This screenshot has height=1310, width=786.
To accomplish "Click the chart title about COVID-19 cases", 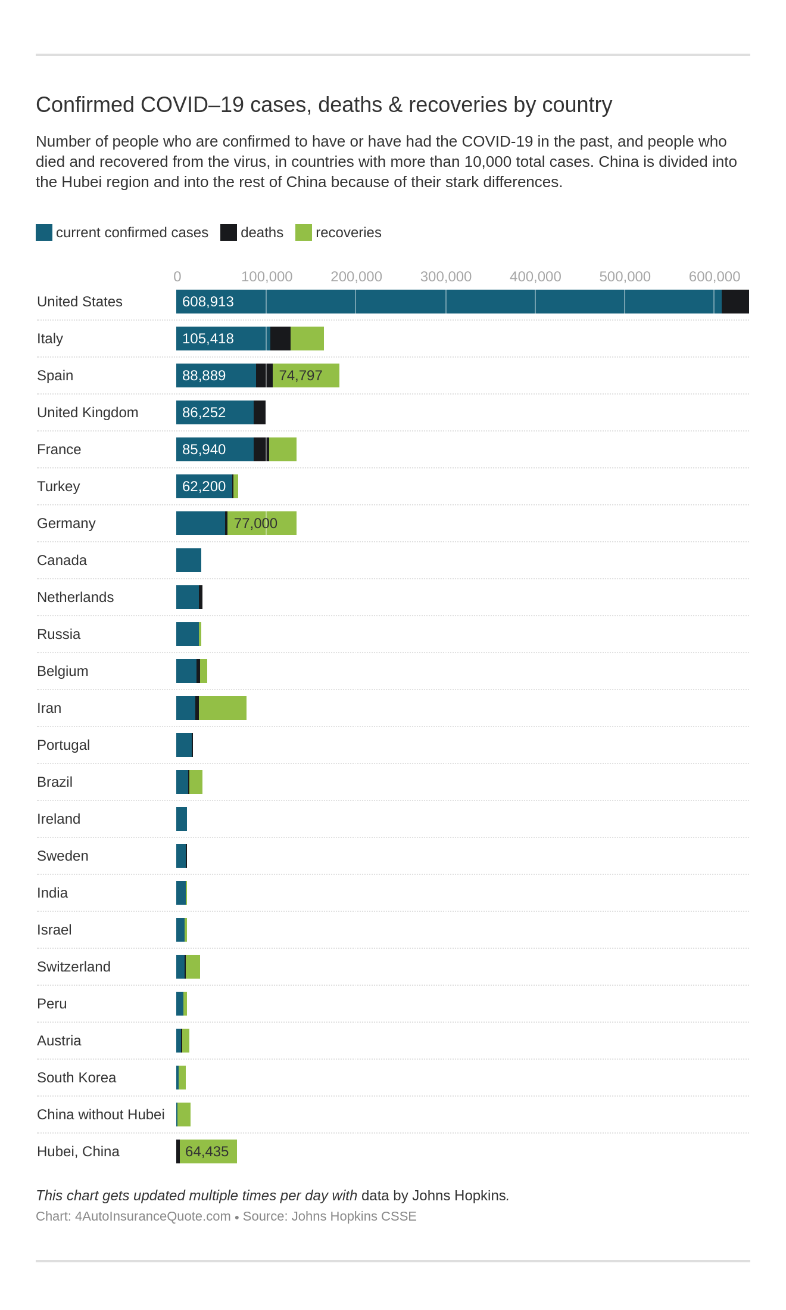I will (324, 105).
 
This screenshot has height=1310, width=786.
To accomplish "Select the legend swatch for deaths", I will (228, 232).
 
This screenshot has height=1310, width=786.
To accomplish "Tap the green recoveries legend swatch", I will (303, 232).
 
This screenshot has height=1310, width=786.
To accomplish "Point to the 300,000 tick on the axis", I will (445, 277).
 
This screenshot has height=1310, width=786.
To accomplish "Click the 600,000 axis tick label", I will (714, 277).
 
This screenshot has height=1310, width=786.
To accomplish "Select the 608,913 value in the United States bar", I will (208, 302).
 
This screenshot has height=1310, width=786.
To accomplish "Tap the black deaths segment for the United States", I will (735, 302).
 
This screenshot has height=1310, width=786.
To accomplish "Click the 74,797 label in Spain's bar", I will (301, 375).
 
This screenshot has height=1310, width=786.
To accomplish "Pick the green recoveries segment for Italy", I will (307, 339).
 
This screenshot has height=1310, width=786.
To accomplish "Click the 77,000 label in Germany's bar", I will (255, 523).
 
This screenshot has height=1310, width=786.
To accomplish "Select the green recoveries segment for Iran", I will (223, 708).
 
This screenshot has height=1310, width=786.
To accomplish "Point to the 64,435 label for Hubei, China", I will (207, 1151).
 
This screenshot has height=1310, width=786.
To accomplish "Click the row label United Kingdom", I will (88, 412).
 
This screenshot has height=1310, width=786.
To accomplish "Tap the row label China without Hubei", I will (101, 1115).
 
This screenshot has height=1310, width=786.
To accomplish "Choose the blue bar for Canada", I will (189, 560).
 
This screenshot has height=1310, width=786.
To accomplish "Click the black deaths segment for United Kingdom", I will (260, 412).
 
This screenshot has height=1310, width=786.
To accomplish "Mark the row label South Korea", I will (76, 1078).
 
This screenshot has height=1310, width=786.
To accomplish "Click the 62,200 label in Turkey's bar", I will (204, 486).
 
